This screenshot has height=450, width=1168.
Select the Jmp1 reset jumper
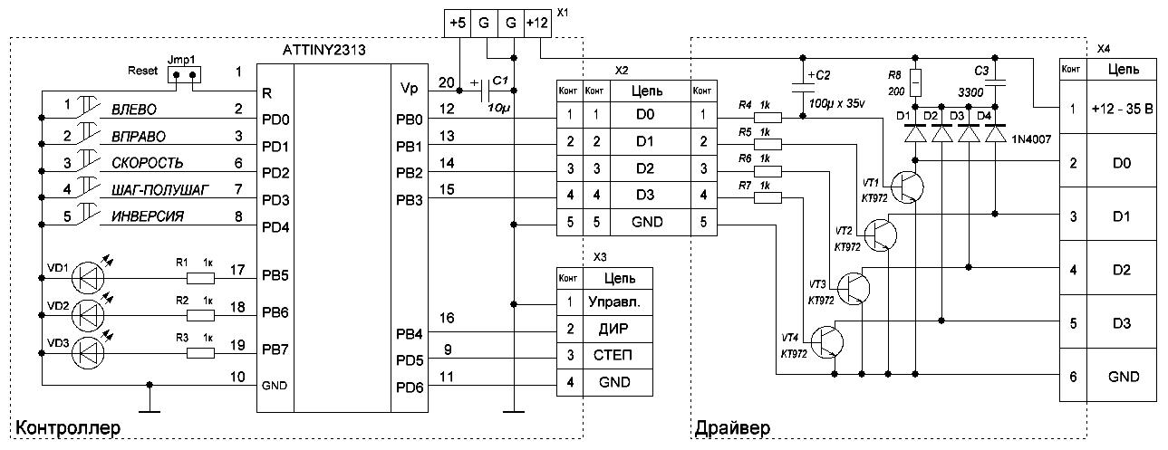pyautogui.click(x=184, y=76)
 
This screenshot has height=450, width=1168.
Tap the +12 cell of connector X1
pyautogui.click(x=538, y=21)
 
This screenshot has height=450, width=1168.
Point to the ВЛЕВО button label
pyautogui.click(x=134, y=110)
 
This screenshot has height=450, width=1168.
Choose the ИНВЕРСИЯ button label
pyautogui.click(x=148, y=216)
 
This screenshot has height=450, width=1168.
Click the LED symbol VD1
pyautogui.click(x=87, y=272)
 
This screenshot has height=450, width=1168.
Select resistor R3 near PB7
pyautogui.click(x=199, y=355)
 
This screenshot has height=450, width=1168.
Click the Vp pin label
pyautogui.click(x=409, y=89)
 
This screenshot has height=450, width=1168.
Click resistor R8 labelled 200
pyautogui.click(x=915, y=83)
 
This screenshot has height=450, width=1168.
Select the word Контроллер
pyautogui.click(x=67, y=427)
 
